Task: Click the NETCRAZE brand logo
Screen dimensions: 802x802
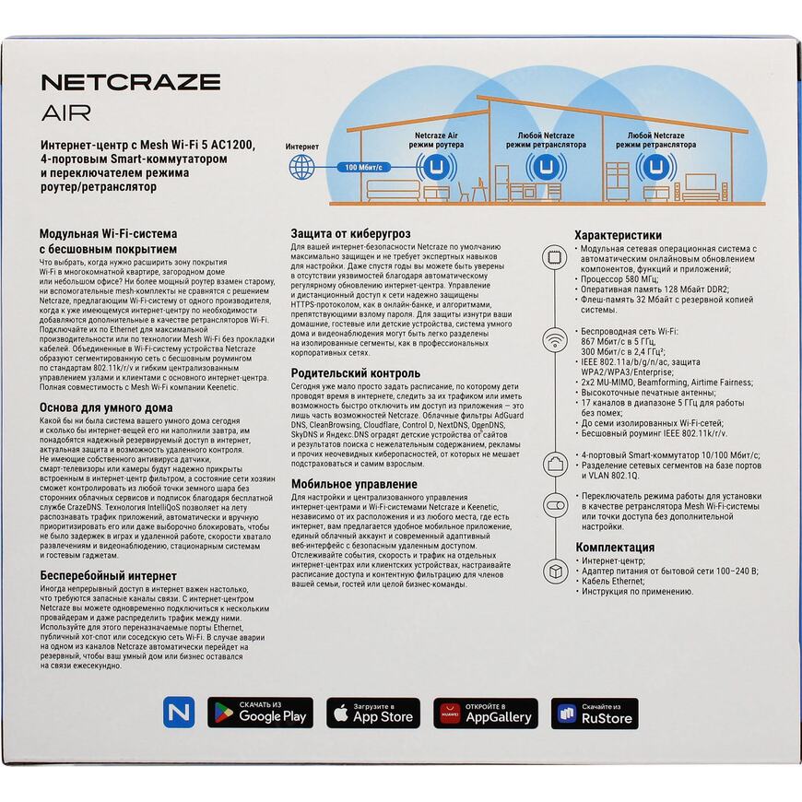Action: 131,81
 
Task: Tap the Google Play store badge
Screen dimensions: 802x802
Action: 260,713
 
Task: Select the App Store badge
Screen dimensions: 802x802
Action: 373,713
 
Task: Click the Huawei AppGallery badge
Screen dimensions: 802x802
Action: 487,713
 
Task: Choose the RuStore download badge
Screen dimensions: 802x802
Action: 595,713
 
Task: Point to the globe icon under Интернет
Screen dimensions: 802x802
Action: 301,167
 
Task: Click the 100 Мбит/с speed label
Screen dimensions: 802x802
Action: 362,168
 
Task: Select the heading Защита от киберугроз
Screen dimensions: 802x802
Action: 350,234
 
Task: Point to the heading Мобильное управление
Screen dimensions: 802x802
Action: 354,484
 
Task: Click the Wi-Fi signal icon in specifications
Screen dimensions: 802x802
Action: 556,341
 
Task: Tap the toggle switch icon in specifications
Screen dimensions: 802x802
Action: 556,506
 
